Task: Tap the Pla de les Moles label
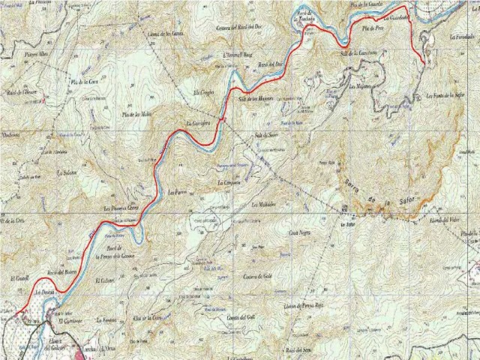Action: click(136, 113)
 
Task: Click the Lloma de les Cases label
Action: click(167, 34)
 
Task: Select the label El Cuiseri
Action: click(106, 280)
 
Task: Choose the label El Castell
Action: click(20, 278)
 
